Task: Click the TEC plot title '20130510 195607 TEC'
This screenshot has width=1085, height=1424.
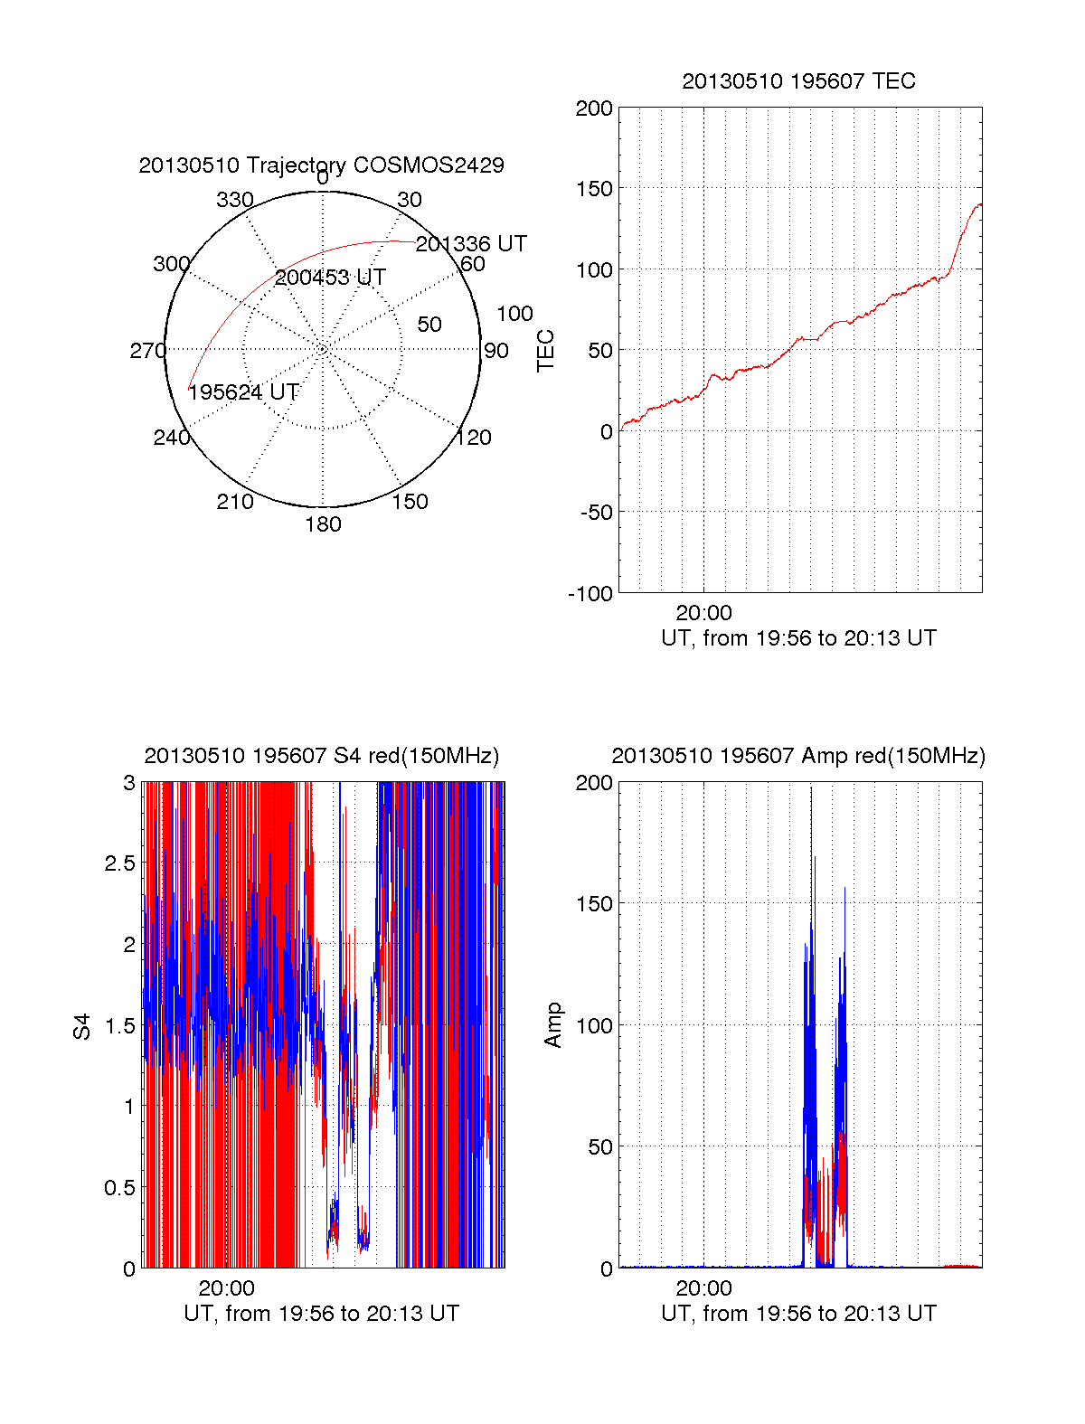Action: [x=798, y=81]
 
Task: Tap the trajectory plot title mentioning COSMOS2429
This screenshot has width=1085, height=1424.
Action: [x=321, y=165]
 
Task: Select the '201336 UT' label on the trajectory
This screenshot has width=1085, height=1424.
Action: [x=471, y=244]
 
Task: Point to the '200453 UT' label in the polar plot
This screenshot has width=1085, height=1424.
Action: [x=330, y=278]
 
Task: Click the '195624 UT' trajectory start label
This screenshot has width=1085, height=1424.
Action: [x=243, y=392]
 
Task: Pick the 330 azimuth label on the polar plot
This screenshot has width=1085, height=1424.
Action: [x=235, y=200]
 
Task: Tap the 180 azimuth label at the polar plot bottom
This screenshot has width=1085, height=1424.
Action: [x=323, y=524]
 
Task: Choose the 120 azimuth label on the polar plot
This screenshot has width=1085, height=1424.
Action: [x=474, y=438]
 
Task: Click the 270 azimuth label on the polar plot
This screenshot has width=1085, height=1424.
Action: [x=148, y=351]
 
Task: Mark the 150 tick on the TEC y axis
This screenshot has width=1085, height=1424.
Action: [x=594, y=189]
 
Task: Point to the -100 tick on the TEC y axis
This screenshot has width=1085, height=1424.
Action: [x=590, y=594]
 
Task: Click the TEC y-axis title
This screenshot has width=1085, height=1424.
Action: [x=546, y=350]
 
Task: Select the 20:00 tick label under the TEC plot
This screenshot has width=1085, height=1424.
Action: [x=703, y=614]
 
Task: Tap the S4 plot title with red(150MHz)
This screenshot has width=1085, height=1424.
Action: [x=321, y=756]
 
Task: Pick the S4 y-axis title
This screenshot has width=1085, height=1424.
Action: [x=82, y=1026]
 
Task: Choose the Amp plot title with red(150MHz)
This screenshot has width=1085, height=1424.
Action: [x=798, y=756]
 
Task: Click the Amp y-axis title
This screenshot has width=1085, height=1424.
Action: [x=553, y=1025]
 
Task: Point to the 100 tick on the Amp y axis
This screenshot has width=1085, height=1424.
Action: [x=594, y=1026]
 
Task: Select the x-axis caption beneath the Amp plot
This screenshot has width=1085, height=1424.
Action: [x=798, y=1314]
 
